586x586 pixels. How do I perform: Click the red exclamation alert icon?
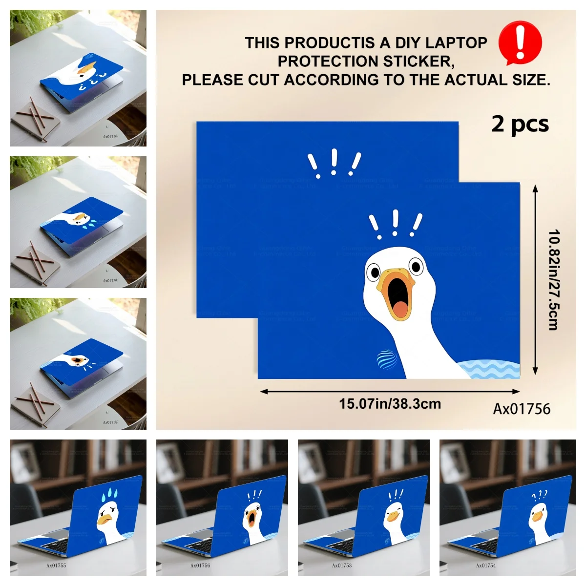click(x=520, y=43)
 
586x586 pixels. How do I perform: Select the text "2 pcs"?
click(x=520, y=124)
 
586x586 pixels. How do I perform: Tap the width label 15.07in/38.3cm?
click(x=390, y=404)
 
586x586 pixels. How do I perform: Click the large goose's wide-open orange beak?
click(x=398, y=296)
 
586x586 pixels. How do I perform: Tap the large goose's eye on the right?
click(x=416, y=267)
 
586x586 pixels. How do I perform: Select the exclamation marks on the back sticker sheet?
click(x=335, y=163)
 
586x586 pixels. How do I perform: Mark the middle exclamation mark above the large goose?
click(x=395, y=222)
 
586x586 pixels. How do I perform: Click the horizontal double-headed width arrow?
click(x=390, y=391)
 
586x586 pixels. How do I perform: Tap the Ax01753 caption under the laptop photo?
click(x=342, y=565)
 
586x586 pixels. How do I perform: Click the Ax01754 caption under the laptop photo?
click(x=486, y=565)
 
